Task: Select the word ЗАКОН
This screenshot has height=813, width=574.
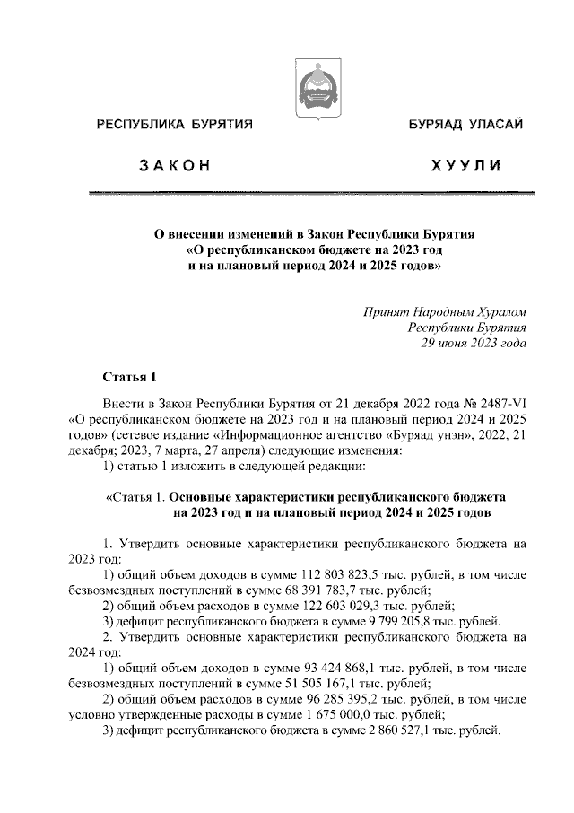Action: point(174,165)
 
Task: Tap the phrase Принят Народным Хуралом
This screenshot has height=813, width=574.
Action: point(444,311)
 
